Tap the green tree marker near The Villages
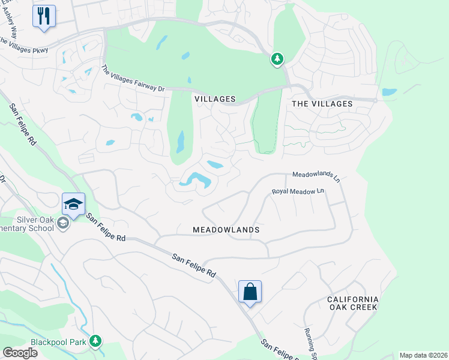[277, 59]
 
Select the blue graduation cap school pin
[73, 204]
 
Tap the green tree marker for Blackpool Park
[95, 341]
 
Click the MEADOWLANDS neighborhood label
[226, 230]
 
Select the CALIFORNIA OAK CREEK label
[352, 303]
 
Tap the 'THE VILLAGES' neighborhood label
[322, 104]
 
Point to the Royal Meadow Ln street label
[298, 191]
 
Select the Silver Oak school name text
[27, 224]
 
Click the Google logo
[20, 353]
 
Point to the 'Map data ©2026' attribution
[423, 355]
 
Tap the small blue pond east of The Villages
[389, 92]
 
